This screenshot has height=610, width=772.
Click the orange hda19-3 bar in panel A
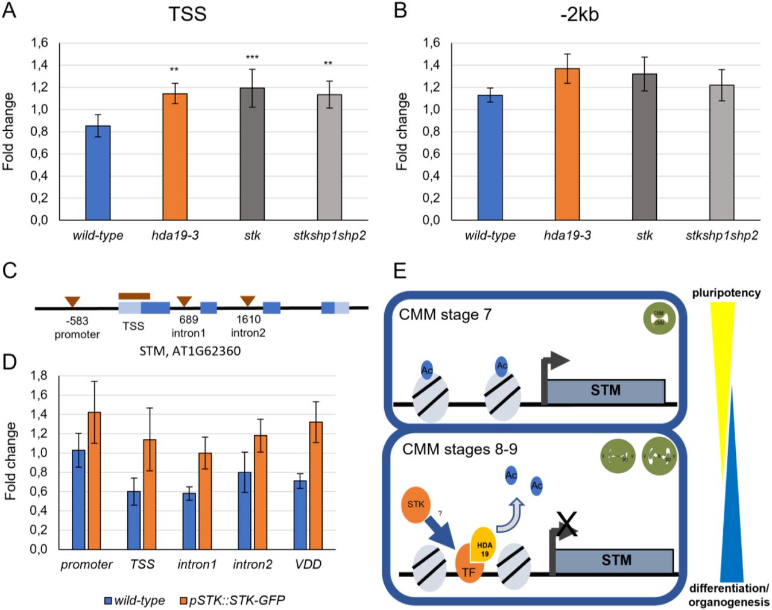(x=175, y=157)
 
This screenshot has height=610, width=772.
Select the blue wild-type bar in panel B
(x=490, y=157)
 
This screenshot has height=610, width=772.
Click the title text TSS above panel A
(x=188, y=14)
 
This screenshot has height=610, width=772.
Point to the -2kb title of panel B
(x=578, y=14)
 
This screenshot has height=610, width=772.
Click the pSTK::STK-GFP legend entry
(x=232, y=600)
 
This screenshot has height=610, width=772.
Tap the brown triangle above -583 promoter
(x=72, y=301)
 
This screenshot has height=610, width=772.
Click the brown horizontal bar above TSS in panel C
(x=134, y=295)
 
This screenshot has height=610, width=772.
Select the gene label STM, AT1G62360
(x=189, y=351)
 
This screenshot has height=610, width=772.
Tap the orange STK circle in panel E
(x=416, y=504)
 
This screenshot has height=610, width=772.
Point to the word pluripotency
(x=726, y=294)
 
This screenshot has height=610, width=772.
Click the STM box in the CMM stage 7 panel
(x=605, y=391)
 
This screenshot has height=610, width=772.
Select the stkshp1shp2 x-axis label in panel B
(x=721, y=235)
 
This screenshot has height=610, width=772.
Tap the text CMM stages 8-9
(x=460, y=450)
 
